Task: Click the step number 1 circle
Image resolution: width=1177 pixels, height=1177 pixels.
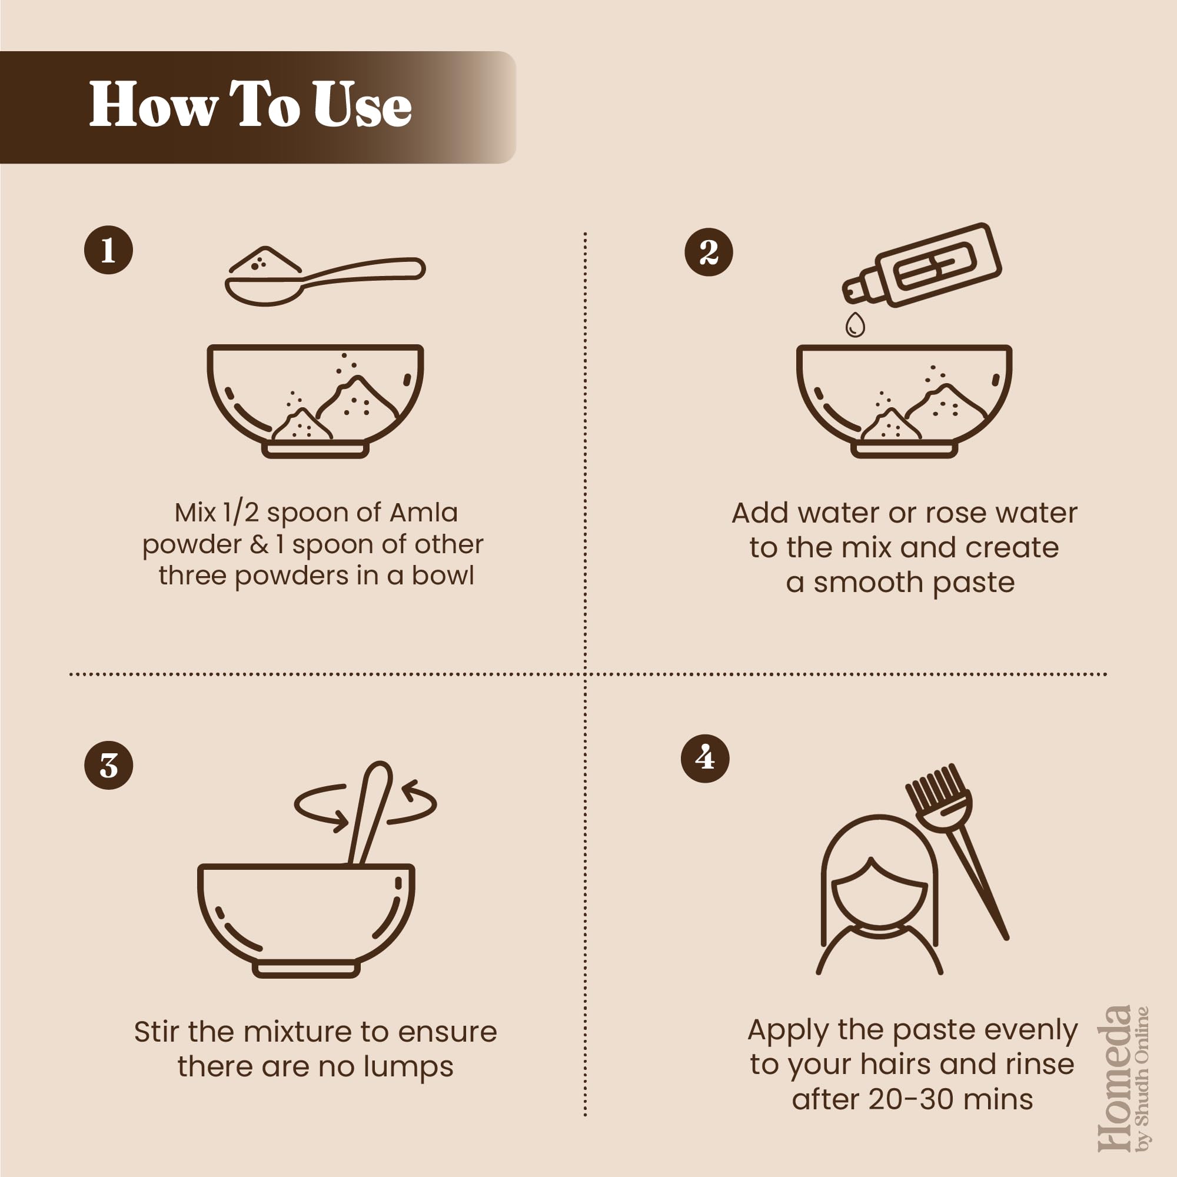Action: (x=108, y=250)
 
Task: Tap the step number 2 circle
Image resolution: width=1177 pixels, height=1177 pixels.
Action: (x=709, y=252)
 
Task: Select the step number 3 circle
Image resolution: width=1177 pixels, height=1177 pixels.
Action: (x=108, y=766)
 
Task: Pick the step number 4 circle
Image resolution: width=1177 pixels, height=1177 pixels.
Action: (x=705, y=759)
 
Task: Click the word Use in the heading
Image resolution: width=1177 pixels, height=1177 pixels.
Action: (x=363, y=105)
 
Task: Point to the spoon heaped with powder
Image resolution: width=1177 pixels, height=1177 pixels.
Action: (x=325, y=275)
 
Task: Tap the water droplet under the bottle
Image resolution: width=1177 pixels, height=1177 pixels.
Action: (x=855, y=324)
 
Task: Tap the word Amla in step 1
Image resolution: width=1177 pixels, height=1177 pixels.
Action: (x=423, y=513)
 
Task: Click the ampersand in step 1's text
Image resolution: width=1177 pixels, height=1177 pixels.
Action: (x=259, y=544)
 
